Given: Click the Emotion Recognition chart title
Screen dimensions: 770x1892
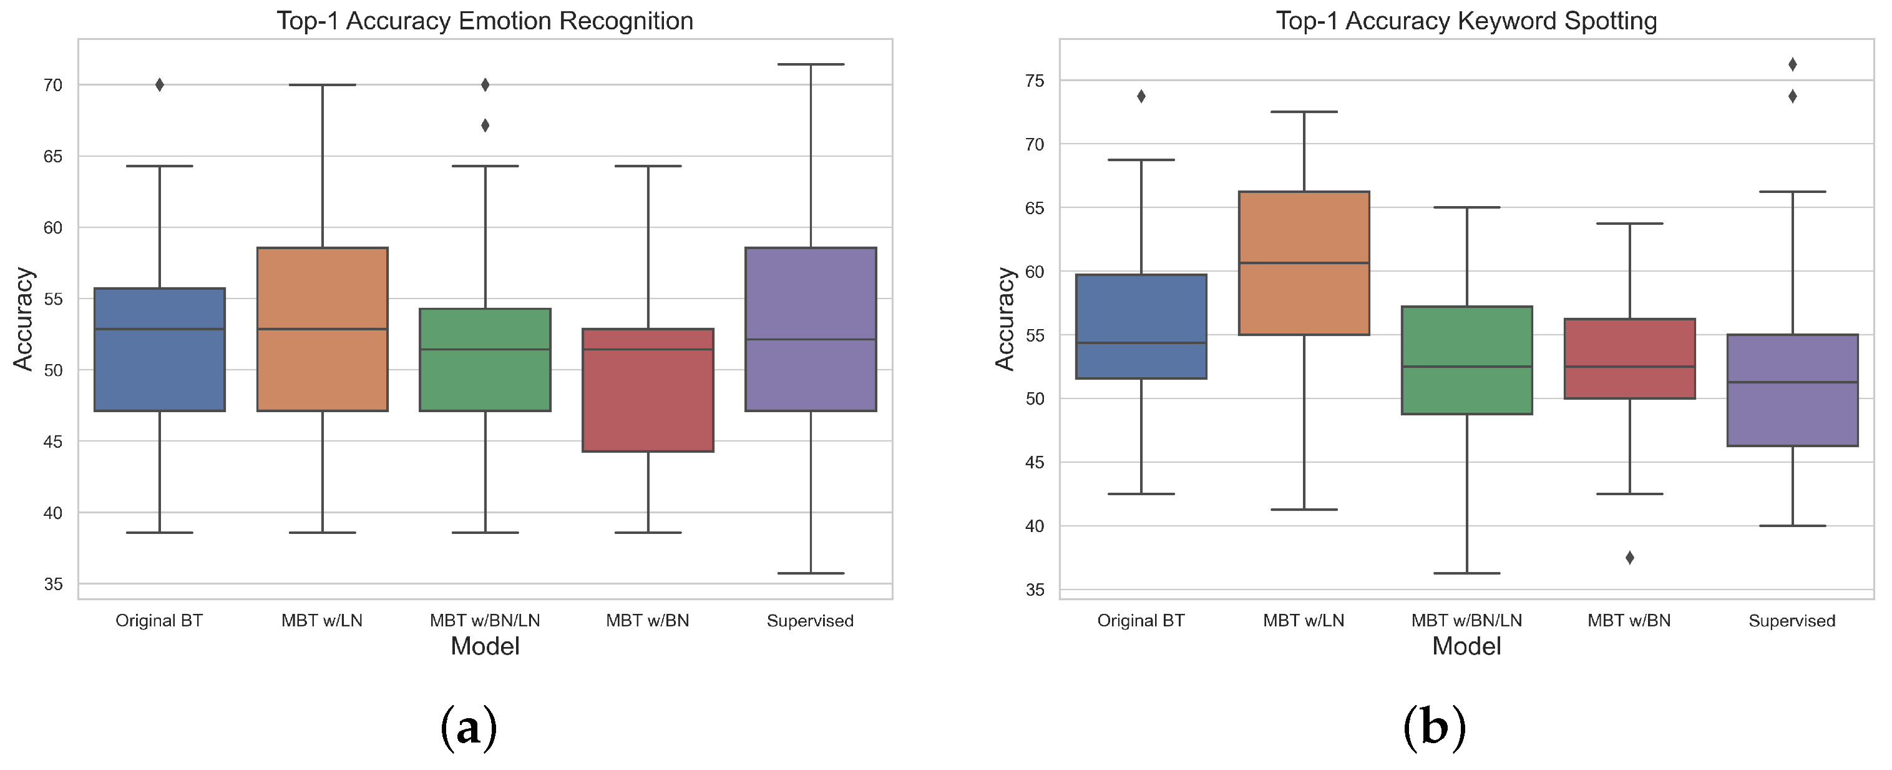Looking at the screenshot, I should [x=485, y=21].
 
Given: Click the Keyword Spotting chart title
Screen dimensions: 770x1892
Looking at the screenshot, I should [x=1466, y=21].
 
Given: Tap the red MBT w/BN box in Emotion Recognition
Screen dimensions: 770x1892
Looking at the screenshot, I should [x=648, y=390].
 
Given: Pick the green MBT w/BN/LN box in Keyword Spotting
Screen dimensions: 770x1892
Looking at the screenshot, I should [x=1467, y=360].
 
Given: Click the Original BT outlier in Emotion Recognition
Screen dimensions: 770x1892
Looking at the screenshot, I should [x=159, y=85].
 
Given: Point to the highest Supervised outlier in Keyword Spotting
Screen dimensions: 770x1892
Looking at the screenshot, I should [x=1792, y=65].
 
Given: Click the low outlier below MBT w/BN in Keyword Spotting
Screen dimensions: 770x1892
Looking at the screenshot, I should [x=1629, y=558].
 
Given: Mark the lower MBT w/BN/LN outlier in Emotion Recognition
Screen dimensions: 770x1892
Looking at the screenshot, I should [x=485, y=126].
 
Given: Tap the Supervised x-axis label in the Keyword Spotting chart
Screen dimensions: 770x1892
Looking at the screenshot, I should [x=1792, y=621].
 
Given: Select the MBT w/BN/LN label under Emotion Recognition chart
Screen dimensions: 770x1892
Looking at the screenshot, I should [x=485, y=621].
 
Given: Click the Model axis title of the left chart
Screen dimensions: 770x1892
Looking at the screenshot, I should [x=485, y=646].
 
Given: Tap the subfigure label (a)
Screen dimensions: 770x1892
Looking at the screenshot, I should [x=469, y=728].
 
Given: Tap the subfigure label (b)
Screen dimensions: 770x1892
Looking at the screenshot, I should [x=1434, y=728].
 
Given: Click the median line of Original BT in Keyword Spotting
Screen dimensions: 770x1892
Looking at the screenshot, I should [x=1141, y=343].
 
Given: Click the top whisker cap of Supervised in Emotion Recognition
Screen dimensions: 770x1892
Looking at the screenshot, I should [x=811, y=65].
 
